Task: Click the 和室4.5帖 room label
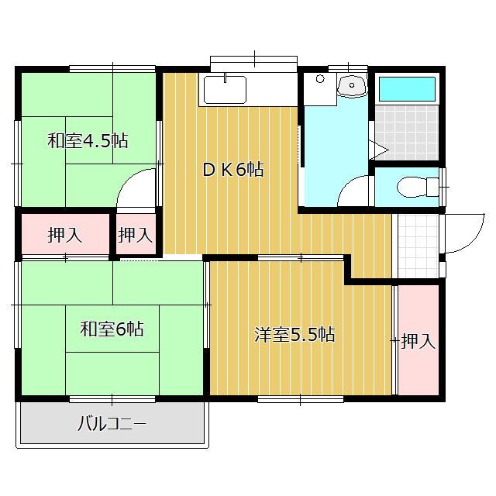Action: pos(88,141)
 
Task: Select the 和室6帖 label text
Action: pos(112,329)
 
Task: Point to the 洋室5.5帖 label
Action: pos(295,335)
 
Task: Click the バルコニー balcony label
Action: pos(112,424)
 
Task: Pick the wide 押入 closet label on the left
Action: pos(65,235)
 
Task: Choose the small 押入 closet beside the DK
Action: pos(136,235)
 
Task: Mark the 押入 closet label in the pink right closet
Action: pos(418,341)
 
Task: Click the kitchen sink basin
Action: pos(224,89)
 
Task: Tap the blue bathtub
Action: pos(406,89)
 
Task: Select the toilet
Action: pos(412,187)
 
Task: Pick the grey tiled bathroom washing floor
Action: pos(407,132)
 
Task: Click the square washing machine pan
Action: pos(319,89)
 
